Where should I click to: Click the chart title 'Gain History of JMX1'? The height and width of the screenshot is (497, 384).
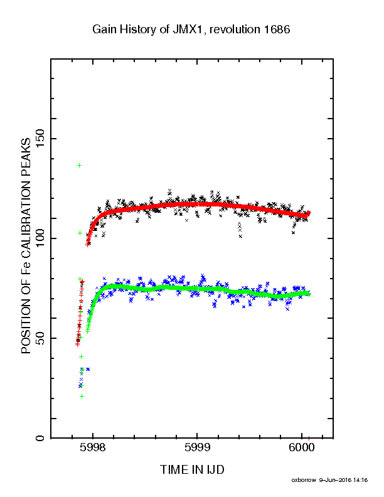click(148, 29)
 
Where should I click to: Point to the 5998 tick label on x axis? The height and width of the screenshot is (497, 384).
click(93, 447)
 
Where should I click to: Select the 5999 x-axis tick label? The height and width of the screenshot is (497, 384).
click(198, 447)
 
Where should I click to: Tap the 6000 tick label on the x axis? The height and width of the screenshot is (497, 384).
click(302, 447)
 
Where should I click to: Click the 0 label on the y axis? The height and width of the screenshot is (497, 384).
click(40, 438)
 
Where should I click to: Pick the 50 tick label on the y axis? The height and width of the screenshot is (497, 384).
click(40, 338)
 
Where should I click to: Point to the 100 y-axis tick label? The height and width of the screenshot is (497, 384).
click(40, 238)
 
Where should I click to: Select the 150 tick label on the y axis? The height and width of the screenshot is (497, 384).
click(40, 139)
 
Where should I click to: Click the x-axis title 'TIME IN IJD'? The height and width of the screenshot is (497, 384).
click(192, 470)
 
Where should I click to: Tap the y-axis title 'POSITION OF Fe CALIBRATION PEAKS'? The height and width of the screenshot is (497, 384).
click(26, 245)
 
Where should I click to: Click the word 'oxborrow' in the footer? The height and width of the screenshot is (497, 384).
click(304, 480)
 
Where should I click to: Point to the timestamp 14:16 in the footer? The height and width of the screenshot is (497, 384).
click(361, 480)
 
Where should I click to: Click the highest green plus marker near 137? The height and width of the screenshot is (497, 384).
click(80, 165)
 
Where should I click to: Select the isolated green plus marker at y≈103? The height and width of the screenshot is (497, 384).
click(80, 233)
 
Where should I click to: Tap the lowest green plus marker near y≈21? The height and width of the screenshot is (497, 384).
click(82, 396)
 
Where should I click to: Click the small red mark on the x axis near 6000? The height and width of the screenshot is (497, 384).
click(309, 438)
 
